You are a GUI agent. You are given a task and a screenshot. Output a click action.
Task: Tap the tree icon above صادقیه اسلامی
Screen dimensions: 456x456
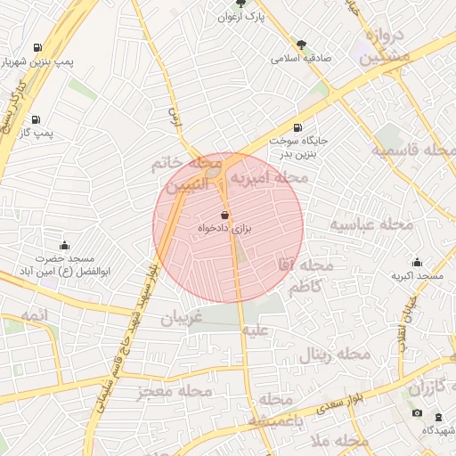click(x=302, y=44)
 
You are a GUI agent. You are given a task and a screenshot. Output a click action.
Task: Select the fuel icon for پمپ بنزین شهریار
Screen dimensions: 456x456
click(x=37, y=48)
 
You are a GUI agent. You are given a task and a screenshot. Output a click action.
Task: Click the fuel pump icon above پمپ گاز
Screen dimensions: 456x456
click(x=36, y=119)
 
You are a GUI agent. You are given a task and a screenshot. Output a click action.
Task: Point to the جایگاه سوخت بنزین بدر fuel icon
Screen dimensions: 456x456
click(x=296, y=126)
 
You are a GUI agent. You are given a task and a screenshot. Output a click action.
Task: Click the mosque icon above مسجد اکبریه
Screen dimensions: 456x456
click(x=417, y=262)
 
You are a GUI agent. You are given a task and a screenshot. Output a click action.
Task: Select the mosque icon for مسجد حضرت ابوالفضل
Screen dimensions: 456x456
click(x=64, y=245)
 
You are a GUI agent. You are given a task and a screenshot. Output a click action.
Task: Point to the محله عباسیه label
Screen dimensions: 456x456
click(x=371, y=224)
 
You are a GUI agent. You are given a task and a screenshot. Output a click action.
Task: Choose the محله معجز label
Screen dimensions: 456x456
click(x=175, y=391)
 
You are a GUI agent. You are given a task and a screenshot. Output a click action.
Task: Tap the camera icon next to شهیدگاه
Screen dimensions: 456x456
click(x=418, y=414)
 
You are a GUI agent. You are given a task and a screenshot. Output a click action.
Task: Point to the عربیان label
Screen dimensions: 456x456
click(x=182, y=317)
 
